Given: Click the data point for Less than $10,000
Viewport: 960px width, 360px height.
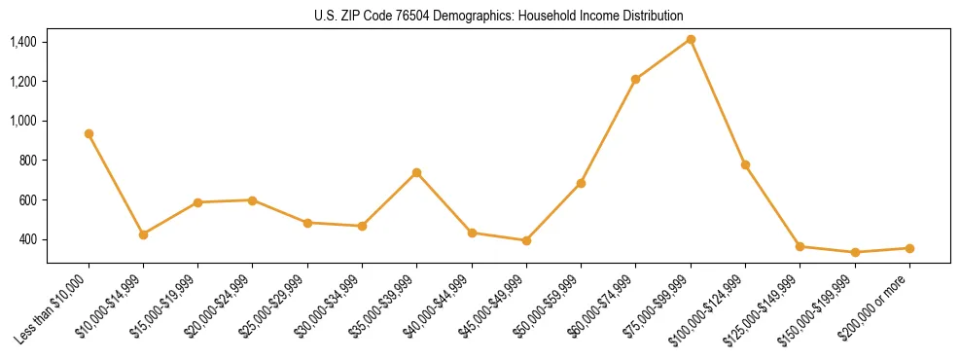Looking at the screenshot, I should [89, 133].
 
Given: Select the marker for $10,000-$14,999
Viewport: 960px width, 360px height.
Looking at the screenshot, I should [143, 234].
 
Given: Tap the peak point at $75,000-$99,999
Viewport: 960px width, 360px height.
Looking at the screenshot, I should [691, 39].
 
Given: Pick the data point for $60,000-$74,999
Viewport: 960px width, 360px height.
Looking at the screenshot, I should [635, 79].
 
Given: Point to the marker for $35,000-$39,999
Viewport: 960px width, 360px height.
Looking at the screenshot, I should [416, 172].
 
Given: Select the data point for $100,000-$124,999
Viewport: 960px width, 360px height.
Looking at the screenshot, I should [745, 164].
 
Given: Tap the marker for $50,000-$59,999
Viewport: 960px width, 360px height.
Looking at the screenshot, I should [581, 183].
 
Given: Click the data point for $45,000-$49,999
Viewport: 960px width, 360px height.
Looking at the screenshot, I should [526, 240].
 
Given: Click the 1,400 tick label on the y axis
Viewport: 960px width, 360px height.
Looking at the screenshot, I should [23, 42].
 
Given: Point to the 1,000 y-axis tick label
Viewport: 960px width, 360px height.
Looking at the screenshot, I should [23, 121].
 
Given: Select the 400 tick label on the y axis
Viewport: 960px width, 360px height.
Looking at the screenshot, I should [28, 239].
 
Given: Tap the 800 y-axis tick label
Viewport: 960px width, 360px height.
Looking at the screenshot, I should [28, 161].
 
